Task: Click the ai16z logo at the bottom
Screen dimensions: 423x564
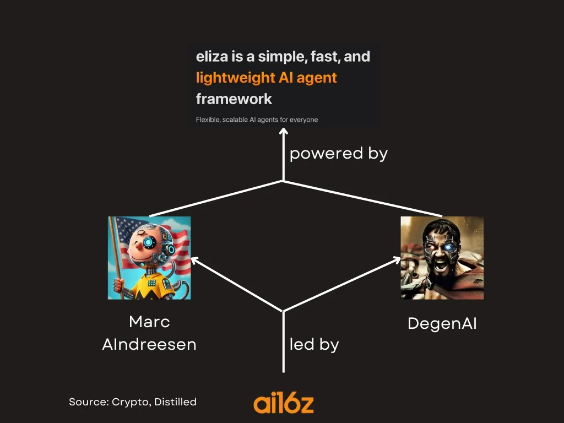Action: pyautogui.click(x=284, y=403)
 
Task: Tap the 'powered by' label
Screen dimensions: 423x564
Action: pyautogui.click(x=338, y=154)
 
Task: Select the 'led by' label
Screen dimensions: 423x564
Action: pyautogui.click(x=314, y=345)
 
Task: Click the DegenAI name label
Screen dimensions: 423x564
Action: pyautogui.click(x=442, y=323)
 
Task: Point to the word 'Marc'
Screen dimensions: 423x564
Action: pyautogui.click(x=149, y=322)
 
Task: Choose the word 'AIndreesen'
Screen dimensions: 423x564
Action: pyautogui.click(x=149, y=345)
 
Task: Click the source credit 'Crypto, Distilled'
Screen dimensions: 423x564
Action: pyautogui.click(x=154, y=402)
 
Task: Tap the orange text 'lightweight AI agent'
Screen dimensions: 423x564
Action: pyautogui.click(x=266, y=78)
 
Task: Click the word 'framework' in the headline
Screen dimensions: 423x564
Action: pyautogui.click(x=234, y=99)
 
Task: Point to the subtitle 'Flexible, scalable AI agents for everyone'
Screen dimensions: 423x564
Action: pyautogui.click(x=257, y=120)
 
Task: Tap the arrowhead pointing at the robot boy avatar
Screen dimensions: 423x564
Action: pyautogui.click(x=193, y=259)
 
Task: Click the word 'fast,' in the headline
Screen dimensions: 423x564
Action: pyautogui.click(x=321, y=56)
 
